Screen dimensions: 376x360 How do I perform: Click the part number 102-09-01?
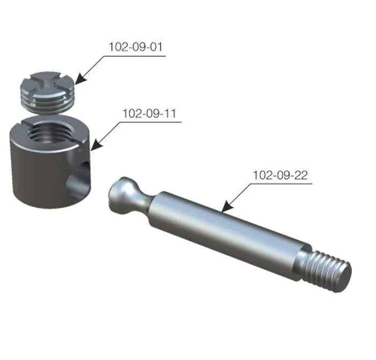click(x=136, y=47)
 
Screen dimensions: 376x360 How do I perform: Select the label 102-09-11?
click(x=149, y=113)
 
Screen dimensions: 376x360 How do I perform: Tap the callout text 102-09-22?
click(x=280, y=175)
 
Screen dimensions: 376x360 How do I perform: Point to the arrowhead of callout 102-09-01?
click(x=81, y=79)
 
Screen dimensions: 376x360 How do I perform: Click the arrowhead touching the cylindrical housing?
click(x=96, y=145)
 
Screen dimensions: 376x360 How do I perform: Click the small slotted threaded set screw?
click(x=47, y=92)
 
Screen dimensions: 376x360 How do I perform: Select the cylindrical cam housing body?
click(x=50, y=161)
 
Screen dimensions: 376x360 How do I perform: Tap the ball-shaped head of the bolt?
click(x=122, y=195)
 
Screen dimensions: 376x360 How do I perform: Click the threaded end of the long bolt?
click(x=327, y=271)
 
